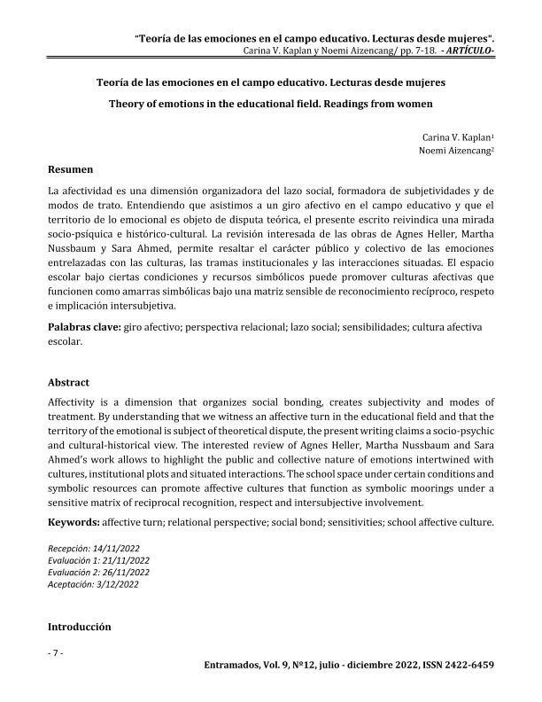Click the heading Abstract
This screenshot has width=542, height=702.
coord(69,383)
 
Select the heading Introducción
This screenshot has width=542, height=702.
coord(80,627)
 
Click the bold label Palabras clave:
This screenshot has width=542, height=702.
coord(86,327)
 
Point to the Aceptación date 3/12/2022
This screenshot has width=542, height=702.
coord(117,584)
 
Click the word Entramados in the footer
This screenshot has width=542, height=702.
coord(233,665)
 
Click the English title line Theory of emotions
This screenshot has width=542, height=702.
coord(270,102)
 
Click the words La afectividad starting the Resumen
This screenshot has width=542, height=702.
coord(81,191)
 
